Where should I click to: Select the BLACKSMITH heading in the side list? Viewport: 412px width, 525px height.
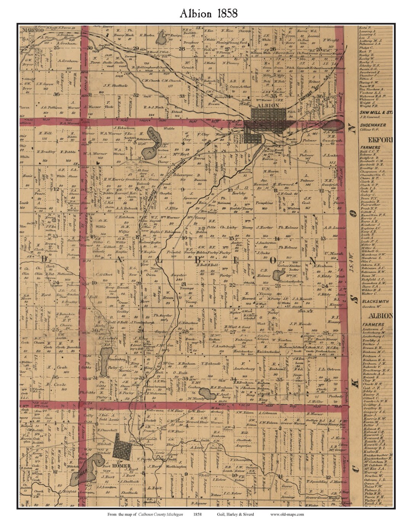[375, 301]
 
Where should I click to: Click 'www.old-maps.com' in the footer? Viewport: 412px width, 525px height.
[287, 514]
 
